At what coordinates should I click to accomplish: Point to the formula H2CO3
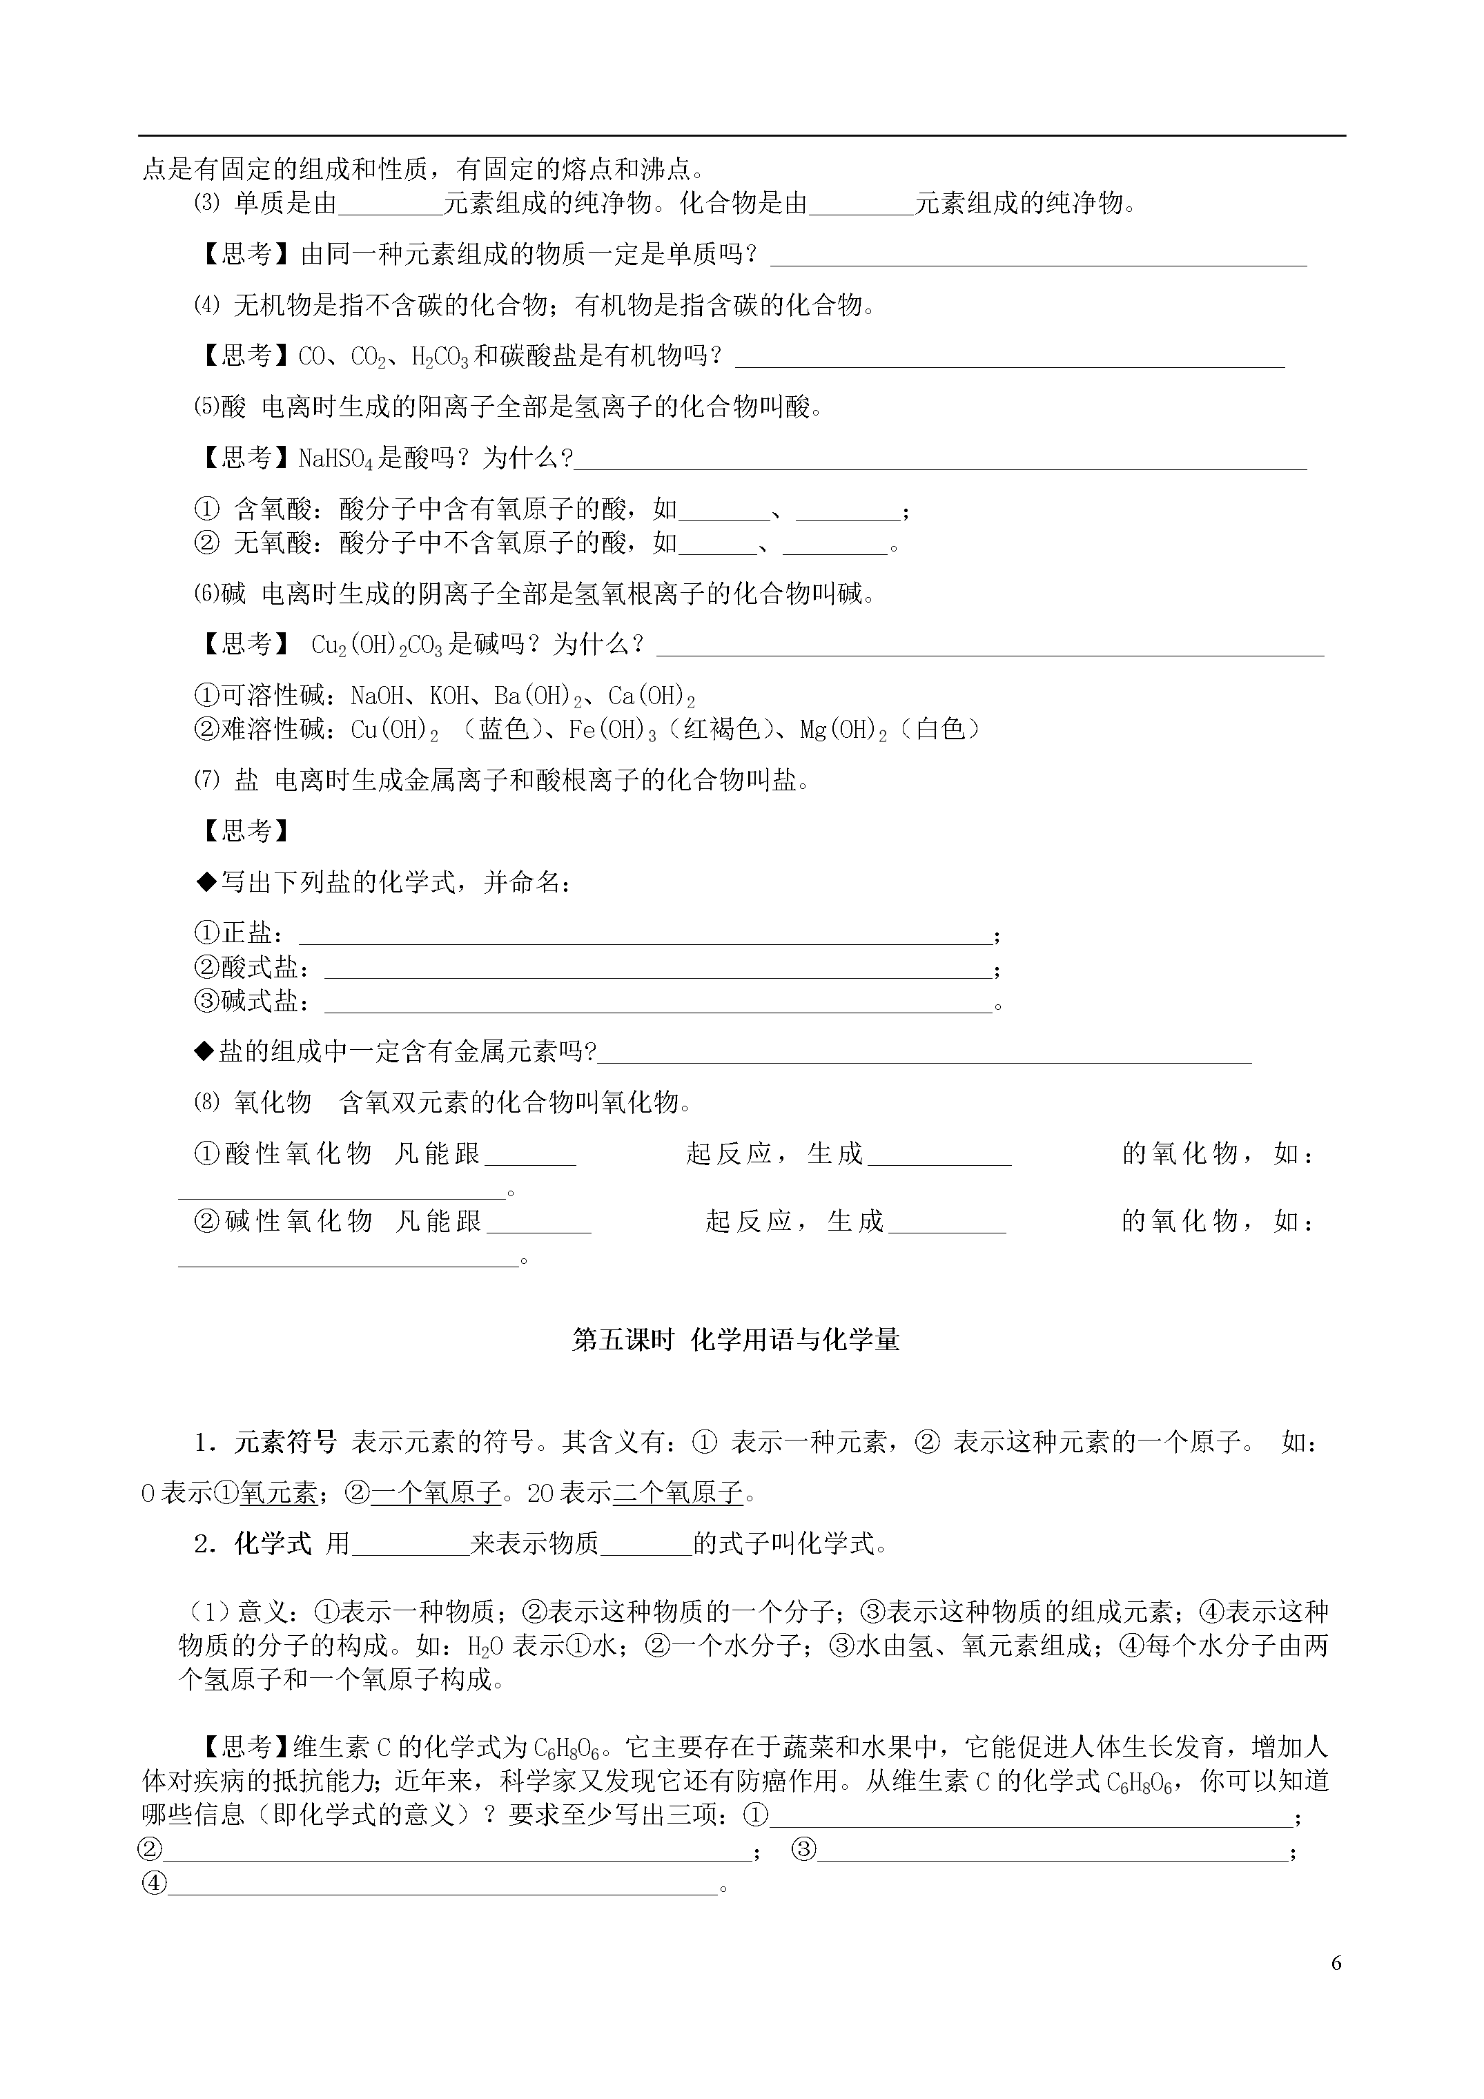(x=440, y=357)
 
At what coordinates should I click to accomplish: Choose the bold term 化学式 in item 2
(x=273, y=1544)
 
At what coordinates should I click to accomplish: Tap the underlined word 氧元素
(x=279, y=1493)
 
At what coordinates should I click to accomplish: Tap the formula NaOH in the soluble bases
(x=377, y=696)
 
